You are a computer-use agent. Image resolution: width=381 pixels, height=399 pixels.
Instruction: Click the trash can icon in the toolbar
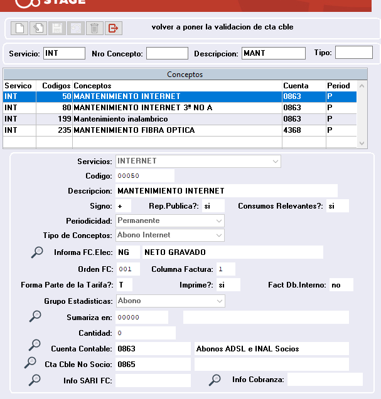tap(94, 28)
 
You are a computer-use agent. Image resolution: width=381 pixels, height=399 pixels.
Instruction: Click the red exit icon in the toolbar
tap(114, 28)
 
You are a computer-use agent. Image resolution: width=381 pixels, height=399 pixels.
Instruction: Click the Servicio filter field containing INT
tap(64, 53)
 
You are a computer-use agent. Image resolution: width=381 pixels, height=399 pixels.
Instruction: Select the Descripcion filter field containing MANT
tap(273, 53)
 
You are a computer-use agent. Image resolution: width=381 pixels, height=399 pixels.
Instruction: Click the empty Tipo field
tap(353, 53)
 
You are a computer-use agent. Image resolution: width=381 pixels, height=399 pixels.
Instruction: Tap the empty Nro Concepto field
tap(167, 53)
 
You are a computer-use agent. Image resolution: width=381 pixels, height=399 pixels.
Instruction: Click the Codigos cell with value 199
tap(55, 119)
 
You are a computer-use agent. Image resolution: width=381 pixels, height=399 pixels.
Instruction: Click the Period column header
tap(338, 86)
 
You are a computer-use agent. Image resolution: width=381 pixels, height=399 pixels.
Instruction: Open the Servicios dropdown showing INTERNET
tap(198, 162)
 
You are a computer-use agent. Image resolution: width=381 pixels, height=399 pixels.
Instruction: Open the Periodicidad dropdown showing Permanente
tap(170, 220)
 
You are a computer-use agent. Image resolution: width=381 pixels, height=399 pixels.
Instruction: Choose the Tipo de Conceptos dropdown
tap(170, 236)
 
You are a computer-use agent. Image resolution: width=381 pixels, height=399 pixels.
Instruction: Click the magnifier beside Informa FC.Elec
tap(38, 252)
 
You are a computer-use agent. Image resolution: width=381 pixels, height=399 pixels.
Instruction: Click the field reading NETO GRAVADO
tap(232, 252)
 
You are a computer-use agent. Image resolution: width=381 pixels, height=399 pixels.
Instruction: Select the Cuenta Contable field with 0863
tap(153, 348)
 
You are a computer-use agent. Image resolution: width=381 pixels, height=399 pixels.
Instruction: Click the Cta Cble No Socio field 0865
tap(153, 364)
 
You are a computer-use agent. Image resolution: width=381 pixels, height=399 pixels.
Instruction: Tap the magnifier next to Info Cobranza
tap(215, 379)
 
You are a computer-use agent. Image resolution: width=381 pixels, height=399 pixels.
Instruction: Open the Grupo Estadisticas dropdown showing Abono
tap(170, 301)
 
